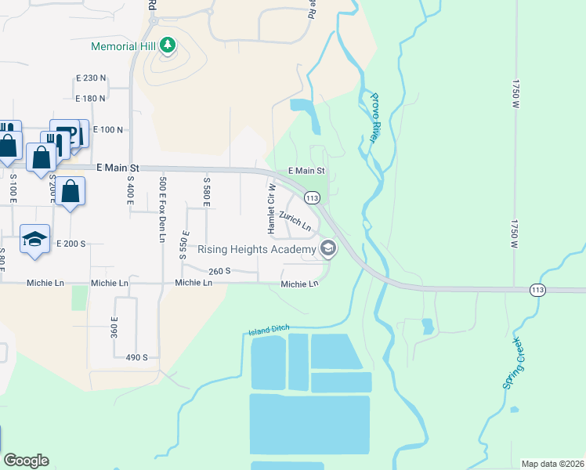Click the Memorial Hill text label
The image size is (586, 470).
point(124,46)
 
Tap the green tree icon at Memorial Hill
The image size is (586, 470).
point(166,46)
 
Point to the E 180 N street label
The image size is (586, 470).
point(90,98)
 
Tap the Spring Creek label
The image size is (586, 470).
point(515,363)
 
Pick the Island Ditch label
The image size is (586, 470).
point(269,331)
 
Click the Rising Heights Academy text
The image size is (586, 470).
point(257,250)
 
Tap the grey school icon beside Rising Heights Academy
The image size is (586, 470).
point(328,250)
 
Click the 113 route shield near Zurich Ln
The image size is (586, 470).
point(312,198)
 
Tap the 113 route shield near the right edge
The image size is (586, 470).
point(537,290)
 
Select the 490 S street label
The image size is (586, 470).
point(136,357)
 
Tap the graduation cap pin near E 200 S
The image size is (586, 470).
point(34,239)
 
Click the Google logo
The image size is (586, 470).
point(26,461)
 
